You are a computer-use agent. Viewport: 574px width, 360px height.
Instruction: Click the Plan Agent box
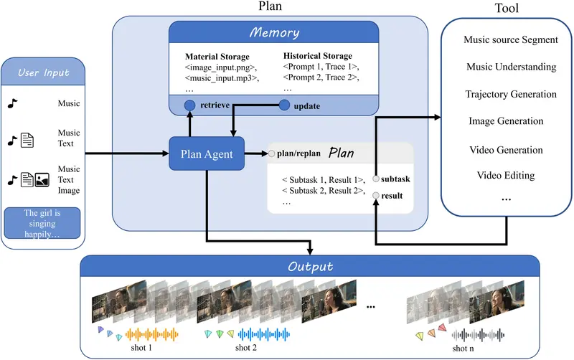point(206,153)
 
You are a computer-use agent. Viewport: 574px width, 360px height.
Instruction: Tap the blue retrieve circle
point(190,105)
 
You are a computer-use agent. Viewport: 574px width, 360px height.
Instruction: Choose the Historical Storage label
point(318,56)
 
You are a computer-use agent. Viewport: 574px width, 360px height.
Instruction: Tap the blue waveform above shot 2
point(263,334)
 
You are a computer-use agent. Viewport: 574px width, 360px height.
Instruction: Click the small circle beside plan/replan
point(272,153)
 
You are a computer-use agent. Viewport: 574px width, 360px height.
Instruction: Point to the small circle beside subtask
point(376,179)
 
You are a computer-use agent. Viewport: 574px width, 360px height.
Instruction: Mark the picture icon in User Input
point(42,179)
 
